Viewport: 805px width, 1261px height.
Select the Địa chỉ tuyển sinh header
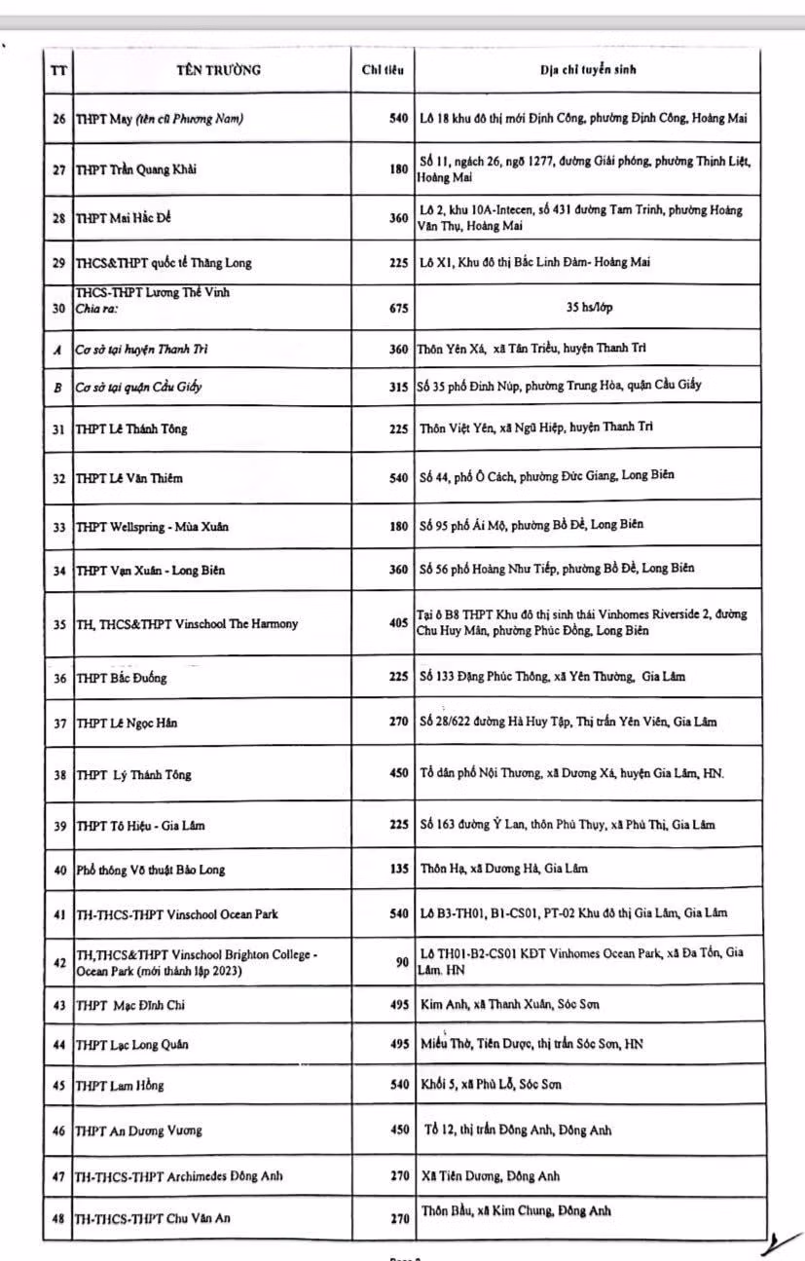589,70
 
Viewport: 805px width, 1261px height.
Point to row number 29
58,262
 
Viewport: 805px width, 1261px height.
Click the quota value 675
398,308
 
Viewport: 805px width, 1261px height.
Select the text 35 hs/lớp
589,308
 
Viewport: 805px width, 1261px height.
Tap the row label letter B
58,387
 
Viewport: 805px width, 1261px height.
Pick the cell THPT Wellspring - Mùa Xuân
153,527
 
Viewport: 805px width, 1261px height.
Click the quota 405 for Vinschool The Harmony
398,623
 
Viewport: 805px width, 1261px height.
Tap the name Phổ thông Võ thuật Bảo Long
151,870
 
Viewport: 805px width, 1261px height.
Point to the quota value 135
398,870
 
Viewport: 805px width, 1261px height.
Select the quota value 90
401,962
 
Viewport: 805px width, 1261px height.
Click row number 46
58,1131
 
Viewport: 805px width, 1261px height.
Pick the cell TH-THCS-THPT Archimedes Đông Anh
180,1175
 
